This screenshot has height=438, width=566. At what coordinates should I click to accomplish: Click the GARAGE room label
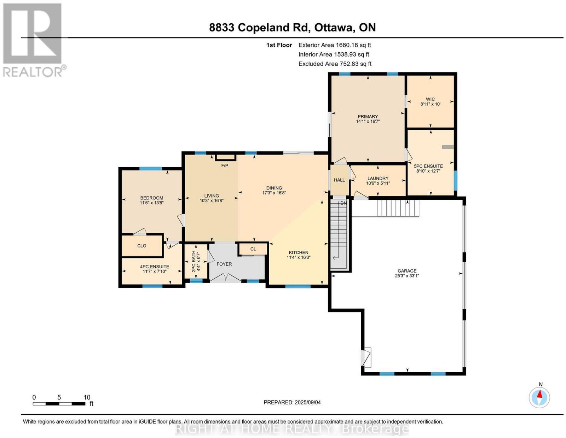(407, 271)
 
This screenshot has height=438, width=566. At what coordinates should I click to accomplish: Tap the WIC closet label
(430, 99)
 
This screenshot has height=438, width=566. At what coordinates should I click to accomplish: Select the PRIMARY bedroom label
(368, 116)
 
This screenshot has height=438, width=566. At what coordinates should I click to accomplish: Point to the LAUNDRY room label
(378, 178)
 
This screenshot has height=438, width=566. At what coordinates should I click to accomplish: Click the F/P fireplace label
(225, 165)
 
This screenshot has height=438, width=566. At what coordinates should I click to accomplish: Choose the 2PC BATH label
(194, 261)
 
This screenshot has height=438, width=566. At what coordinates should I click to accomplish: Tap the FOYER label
(224, 264)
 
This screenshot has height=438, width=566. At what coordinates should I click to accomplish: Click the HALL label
(339, 180)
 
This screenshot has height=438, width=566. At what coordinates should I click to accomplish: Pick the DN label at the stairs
(343, 203)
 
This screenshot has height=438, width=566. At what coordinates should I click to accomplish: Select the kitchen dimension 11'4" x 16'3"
(299, 257)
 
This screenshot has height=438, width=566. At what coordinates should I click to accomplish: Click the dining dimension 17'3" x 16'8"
(274, 193)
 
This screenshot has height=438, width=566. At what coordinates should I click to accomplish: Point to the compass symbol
(539, 398)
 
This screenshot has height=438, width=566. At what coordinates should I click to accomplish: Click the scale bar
(59, 404)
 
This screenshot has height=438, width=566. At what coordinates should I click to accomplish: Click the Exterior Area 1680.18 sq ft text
(334, 45)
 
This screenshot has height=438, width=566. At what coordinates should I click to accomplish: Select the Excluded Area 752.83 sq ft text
(335, 64)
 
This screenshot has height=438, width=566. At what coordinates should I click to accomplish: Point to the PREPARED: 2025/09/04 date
(292, 402)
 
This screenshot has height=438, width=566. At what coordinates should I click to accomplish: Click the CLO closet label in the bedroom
(142, 246)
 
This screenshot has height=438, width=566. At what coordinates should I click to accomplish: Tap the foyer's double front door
(226, 278)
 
